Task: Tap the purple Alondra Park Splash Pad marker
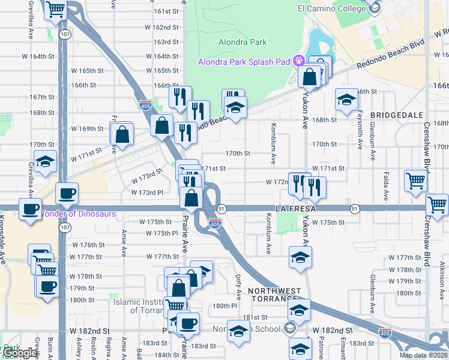(299, 60)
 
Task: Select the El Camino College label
(331, 8)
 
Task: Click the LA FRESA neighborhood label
(296, 208)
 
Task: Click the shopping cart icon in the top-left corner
(55, 10)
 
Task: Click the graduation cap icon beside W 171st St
(44, 162)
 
